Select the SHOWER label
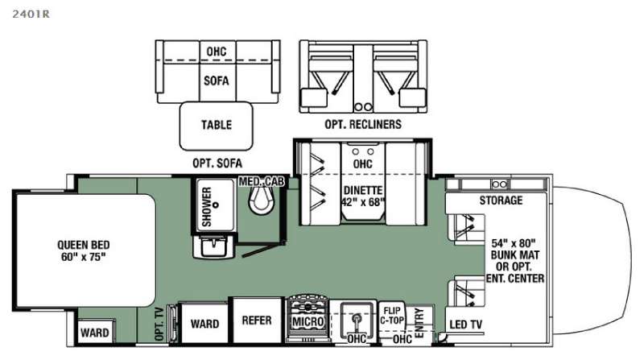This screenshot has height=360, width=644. click(207, 207)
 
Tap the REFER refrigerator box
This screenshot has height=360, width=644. click(256, 321)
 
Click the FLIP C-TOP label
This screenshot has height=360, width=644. click(393, 316)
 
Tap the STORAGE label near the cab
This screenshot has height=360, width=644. click(501, 200)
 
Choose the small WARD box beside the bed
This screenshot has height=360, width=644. click(95, 333)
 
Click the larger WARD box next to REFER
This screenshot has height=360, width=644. click(204, 324)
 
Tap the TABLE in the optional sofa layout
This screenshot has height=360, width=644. click(216, 125)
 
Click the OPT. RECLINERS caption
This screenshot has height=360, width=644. click(364, 125)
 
